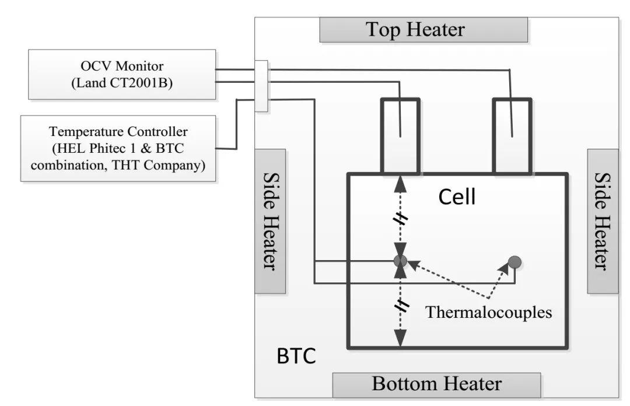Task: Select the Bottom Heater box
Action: point(436,384)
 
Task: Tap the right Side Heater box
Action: point(602,221)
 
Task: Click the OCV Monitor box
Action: point(121,74)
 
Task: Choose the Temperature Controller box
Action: point(118,148)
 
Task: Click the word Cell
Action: point(457,197)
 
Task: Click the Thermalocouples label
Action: point(488,312)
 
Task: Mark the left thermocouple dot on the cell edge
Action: point(400,261)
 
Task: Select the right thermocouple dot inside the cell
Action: point(514,262)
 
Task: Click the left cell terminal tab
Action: point(400,136)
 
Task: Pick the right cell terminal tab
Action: point(512,136)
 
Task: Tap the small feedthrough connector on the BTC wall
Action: point(261,86)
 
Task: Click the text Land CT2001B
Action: point(121,83)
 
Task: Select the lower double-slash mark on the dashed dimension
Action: point(400,305)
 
